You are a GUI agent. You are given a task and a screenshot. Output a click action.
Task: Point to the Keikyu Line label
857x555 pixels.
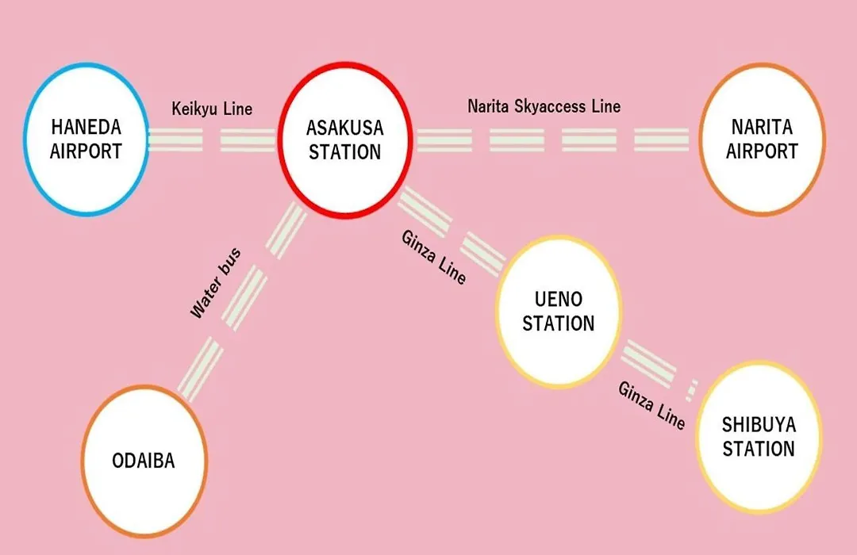coord(212,109)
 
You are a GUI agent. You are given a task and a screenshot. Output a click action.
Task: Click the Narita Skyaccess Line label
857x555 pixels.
coord(544,106)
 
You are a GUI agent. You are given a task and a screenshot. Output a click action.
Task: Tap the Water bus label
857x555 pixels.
coord(215,283)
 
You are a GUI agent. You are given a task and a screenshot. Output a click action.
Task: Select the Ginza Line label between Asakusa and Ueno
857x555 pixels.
coord(434,257)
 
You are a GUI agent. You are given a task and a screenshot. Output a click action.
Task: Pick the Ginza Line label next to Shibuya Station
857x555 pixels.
coord(651,405)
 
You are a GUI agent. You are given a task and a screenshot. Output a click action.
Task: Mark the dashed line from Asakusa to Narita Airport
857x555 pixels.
coord(552,140)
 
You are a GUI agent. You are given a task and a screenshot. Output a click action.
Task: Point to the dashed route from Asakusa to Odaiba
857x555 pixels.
coord(241,301)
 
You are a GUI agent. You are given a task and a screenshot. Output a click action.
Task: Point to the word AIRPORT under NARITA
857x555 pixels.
coord(762,151)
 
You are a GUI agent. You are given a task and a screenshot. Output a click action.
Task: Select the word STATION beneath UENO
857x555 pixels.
coord(558,323)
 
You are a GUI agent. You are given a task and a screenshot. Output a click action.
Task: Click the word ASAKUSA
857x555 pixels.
coord(345,128)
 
